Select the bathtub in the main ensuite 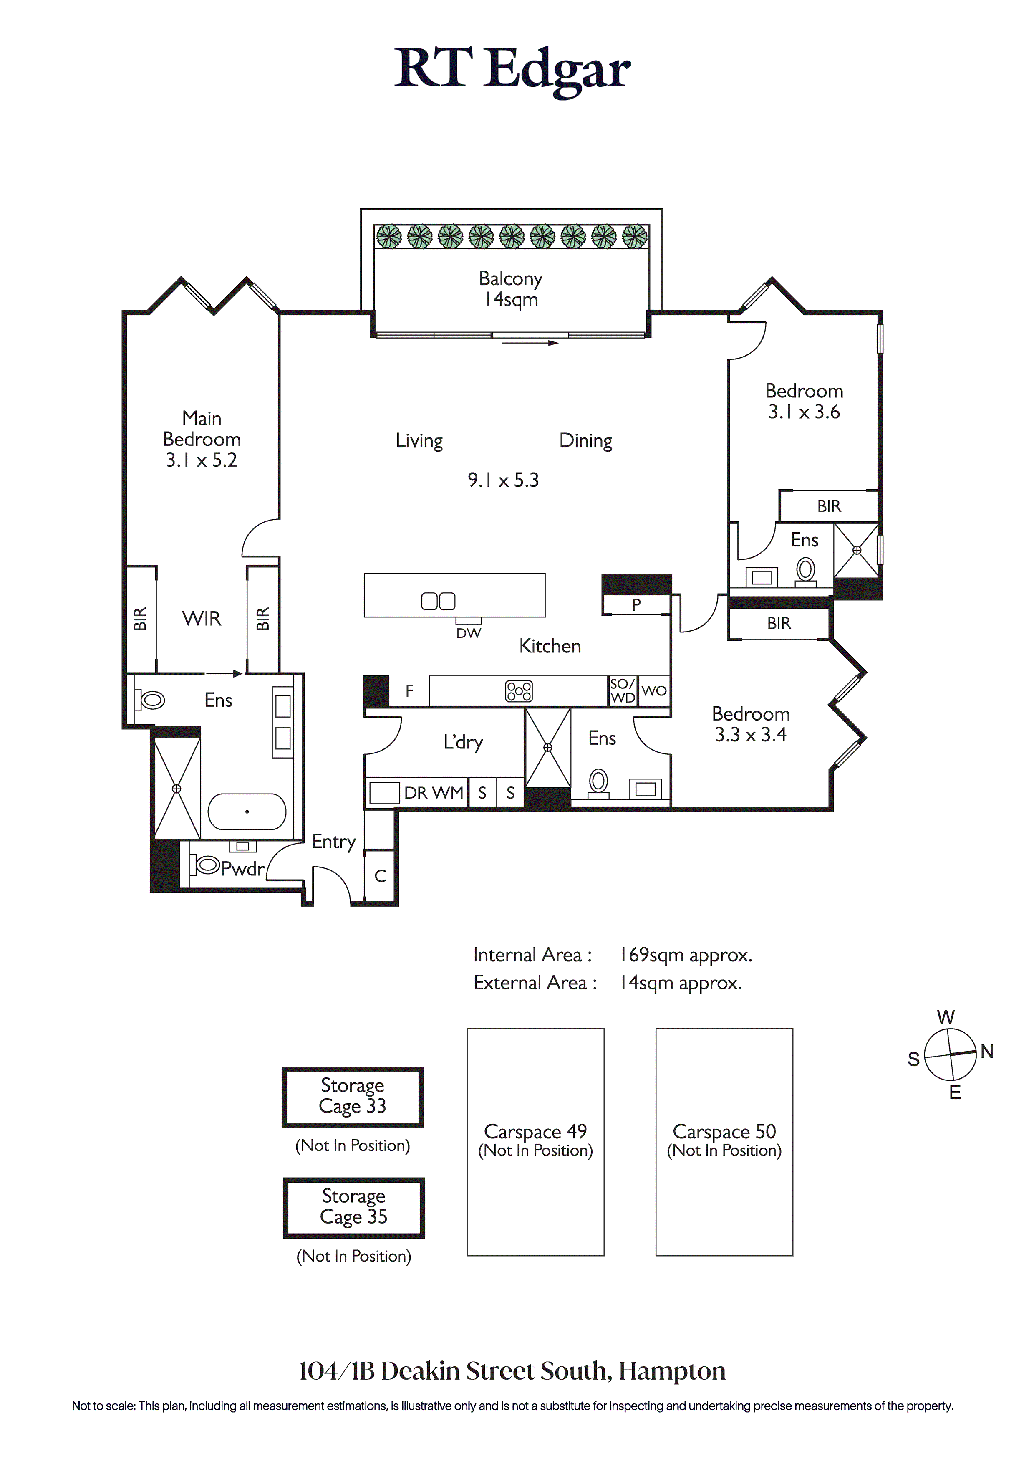click(x=247, y=811)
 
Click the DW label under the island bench click(x=469, y=633)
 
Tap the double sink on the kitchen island click(x=438, y=601)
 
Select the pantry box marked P click(x=636, y=604)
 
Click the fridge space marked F click(x=409, y=690)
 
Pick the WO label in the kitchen click(x=654, y=690)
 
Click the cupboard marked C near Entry click(x=380, y=876)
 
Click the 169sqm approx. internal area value click(x=686, y=955)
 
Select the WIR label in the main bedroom click(x=202, y=619)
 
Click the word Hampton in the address click(x=673, y=1371)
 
